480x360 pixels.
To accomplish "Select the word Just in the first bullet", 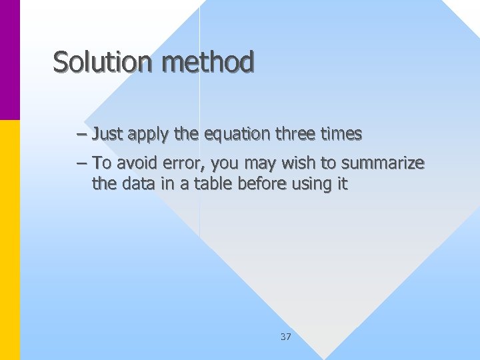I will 107,134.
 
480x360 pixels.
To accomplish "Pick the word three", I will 293,134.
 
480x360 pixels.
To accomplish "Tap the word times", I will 340,134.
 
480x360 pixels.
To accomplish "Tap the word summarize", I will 383,163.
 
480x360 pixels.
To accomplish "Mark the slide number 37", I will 285,337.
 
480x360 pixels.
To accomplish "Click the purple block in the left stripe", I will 10,60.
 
